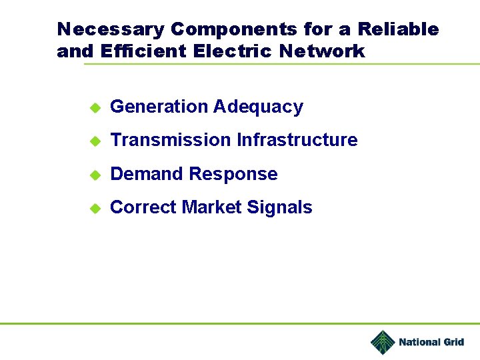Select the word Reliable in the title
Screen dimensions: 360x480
(398, 30)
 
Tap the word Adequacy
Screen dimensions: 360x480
(258, 107)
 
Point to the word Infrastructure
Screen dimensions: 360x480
(297, 140)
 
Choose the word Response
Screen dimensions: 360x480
(233, 175)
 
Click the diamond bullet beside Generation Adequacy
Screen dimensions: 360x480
(95, 107)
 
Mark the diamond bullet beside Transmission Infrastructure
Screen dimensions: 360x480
(95, 141)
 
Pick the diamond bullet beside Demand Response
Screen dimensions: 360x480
(95, 175)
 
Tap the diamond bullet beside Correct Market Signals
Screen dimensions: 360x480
(95, 208)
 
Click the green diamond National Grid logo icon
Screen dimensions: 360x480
(383, 343)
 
